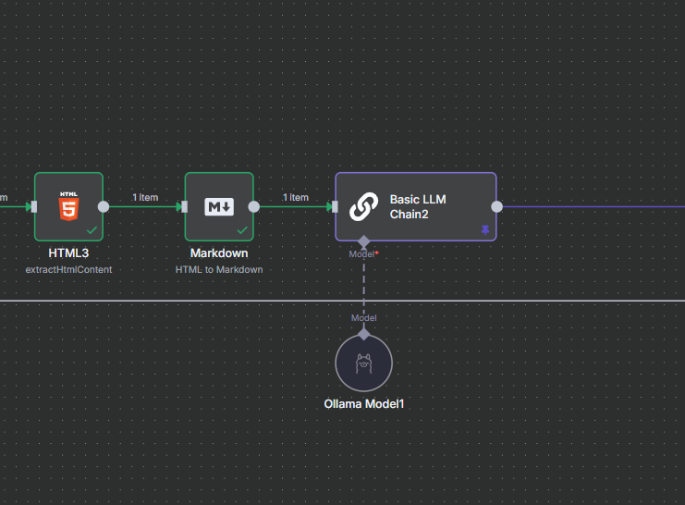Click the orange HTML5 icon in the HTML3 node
[x=68, y=206]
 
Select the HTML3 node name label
[x=68, y=252]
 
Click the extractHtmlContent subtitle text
[x=68, y=269]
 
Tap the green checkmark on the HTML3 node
[x=92, y=229]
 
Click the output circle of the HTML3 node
[x=104, y=207]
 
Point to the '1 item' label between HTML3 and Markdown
[x=145, y=197]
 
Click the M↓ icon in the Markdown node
[x=219, y=206]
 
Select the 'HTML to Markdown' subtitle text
[x=219, y=269]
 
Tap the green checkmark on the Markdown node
[x=242, y=229]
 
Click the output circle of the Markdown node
[x=254, y=207]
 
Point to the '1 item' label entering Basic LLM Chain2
[x=296, y=197]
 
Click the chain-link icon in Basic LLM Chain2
[x=364, y=206]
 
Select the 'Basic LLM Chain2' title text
[x=419, y=206]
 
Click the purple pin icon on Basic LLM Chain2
[x=485, y=229]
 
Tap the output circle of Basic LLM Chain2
[x=497, y=207]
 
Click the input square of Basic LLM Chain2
[x=336, y=207]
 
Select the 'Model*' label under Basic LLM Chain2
[x=363, y=253]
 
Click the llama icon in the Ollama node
[x=363, y=363]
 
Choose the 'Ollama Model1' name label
[x=364, y=404]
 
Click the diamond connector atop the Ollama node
[x=363, y=333]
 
